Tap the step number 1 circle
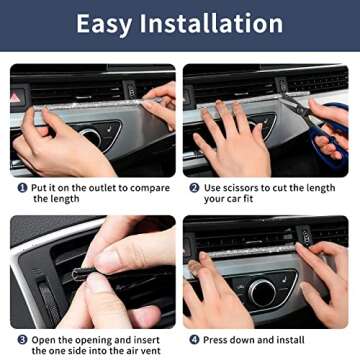click(x=22, y=187)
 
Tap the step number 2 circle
click(x=194, y=187)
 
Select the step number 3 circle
click(x=21, y=340)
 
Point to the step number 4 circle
click(x=194, y=340)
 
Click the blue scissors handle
click(x=331, y=140)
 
